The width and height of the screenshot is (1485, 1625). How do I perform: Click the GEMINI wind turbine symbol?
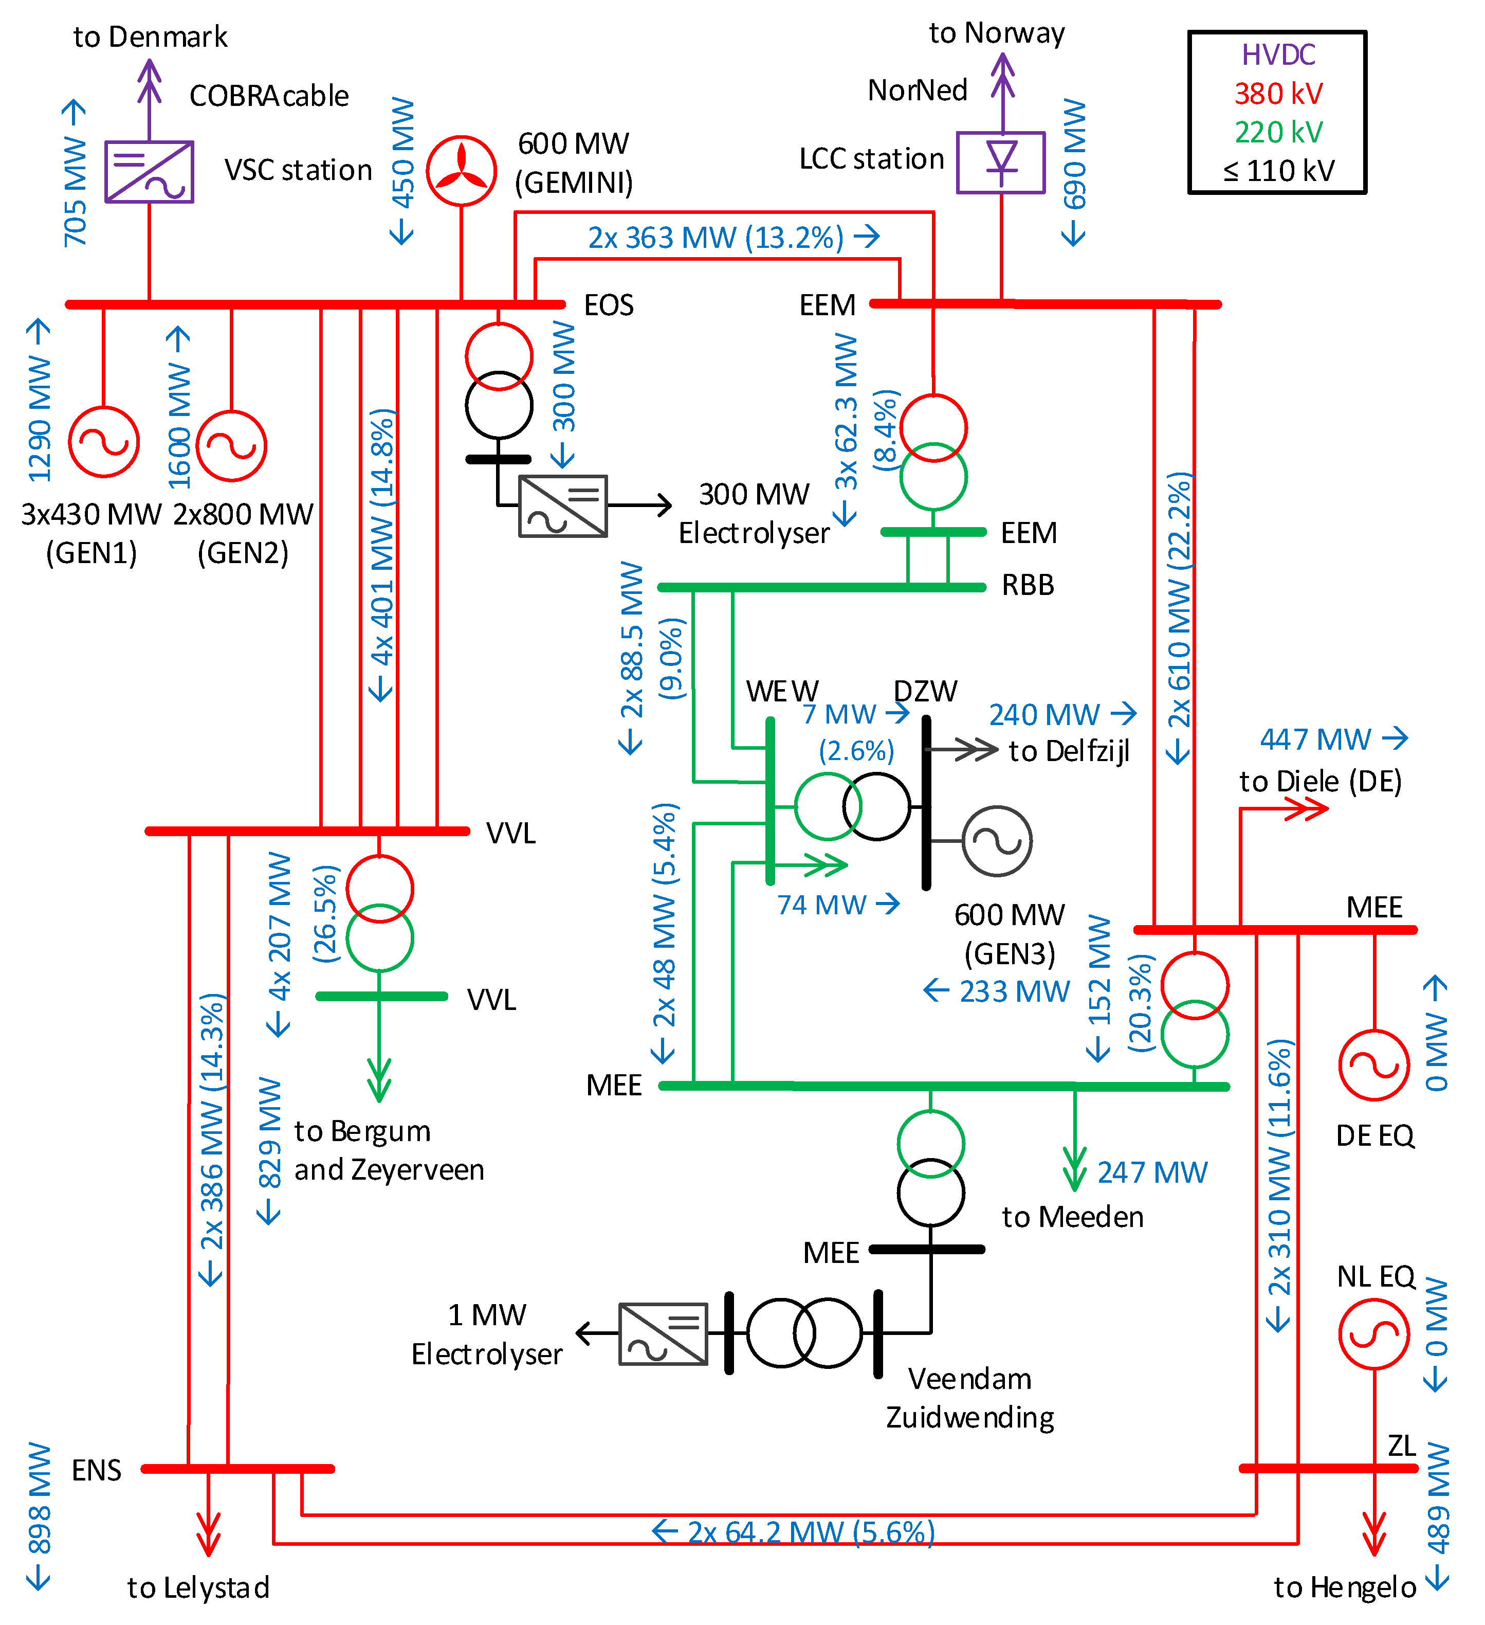(x=461, y=171)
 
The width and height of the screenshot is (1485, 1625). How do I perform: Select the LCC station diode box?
(x=1001, y=163)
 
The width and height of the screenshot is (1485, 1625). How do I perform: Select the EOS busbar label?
(x=609, y=305)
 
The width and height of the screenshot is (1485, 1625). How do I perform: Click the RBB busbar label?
(x=1028, y=585)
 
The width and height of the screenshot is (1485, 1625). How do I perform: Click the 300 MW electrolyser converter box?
(x=562, y=506)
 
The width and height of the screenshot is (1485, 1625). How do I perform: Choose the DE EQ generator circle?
(x=1374, y=1065)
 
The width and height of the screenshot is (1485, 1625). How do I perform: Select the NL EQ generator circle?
(x=1374, y=1334)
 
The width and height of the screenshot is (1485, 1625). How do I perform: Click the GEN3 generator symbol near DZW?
(x=997, y=841)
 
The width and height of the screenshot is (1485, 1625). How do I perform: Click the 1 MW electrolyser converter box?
(x=663, y=1334)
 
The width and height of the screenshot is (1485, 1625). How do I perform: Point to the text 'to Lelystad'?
(x=198, y=1587)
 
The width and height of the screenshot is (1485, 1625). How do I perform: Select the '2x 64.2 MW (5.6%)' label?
(x=809, y=1531)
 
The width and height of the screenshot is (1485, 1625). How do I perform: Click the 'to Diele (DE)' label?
(x=1320, y=781)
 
